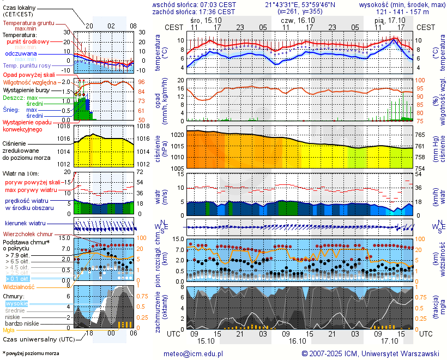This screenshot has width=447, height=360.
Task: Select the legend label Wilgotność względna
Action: click(x=30, y=82)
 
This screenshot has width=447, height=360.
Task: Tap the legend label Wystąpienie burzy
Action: click(x=26, y=89)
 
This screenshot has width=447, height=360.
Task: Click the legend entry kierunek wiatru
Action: click(x=25, y=223)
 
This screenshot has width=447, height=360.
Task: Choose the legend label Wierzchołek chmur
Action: click(x=28, y=234)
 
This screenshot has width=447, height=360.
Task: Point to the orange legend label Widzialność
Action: click(x=19, y=286)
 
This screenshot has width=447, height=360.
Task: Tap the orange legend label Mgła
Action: click(x=8, y=330)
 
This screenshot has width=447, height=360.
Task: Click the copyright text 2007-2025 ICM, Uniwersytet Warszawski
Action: click(x=371, y=353)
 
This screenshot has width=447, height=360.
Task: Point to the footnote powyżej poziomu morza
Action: click(x=31, y=353)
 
